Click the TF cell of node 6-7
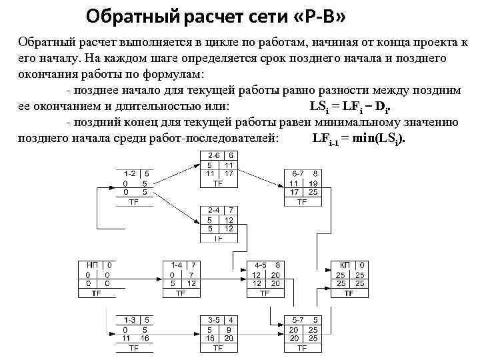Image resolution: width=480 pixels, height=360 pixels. point(302,201)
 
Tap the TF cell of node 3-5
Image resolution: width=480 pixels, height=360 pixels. point(218,347)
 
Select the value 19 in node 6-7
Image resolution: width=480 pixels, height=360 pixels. point(313,183)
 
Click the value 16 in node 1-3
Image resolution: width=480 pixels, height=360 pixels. point(145,338)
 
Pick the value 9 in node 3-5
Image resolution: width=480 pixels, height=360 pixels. point(229,329)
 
